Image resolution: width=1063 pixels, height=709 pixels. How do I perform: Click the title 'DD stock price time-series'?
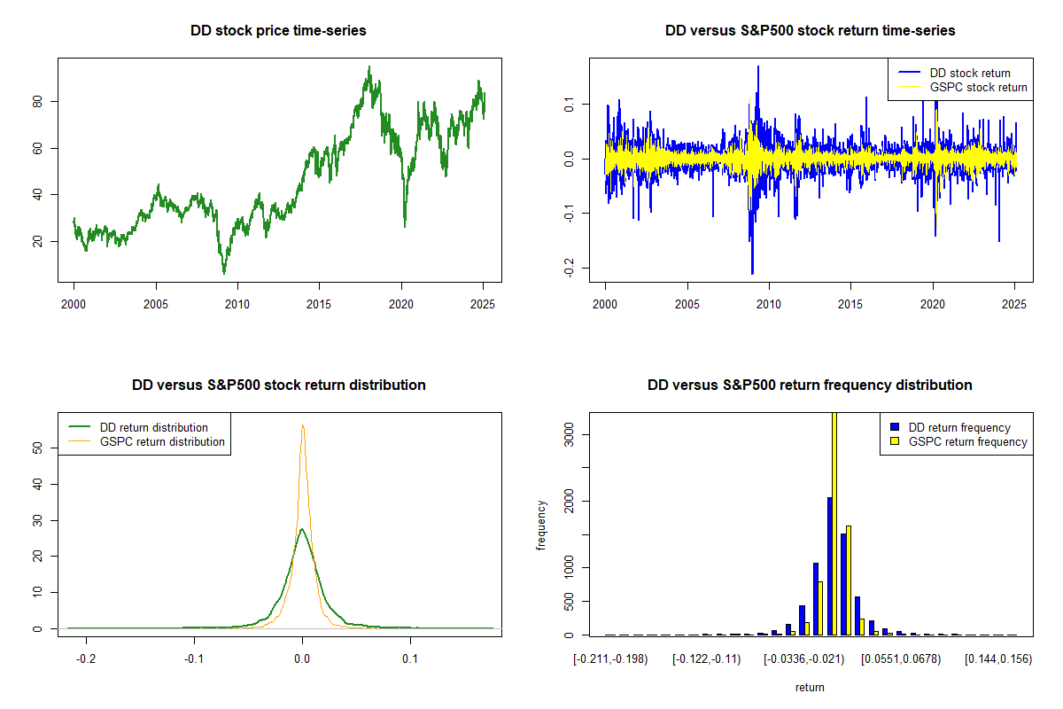pos(278,30)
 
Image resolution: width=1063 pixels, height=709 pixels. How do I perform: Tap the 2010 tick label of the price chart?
pos(237,304)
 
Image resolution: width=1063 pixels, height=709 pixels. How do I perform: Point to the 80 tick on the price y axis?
pos(37,102)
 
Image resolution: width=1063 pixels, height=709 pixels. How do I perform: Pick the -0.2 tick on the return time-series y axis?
pos(569,269)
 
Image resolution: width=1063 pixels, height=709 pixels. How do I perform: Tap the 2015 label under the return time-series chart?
pos(850,304)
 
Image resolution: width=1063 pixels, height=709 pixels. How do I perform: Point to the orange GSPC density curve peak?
pos(303,425)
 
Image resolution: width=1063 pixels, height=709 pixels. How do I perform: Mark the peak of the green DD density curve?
pos(302,528)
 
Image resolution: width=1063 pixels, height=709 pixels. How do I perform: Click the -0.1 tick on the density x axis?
pos(194,659)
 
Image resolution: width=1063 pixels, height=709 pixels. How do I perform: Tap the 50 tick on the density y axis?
pos(37,448)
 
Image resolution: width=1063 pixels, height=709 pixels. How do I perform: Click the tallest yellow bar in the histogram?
pos(834,524)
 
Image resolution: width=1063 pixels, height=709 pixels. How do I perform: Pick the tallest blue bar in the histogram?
pos(830,566)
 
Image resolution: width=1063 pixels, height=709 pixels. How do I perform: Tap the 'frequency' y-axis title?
pos(540,526)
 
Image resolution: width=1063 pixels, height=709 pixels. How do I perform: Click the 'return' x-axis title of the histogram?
pos(810,687)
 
